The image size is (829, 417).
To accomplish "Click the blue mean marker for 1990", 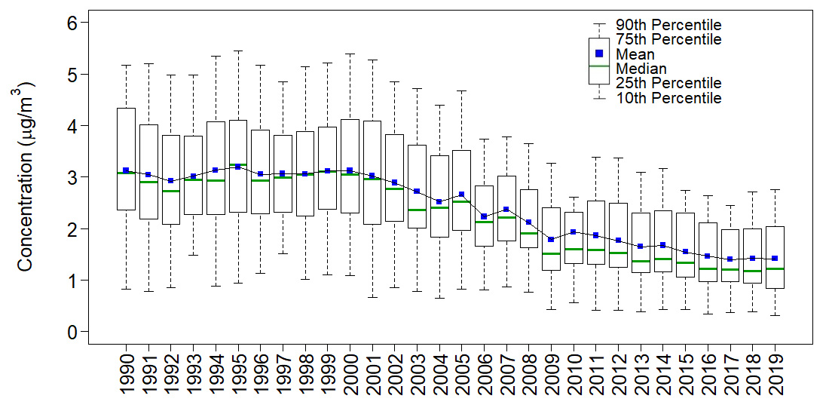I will (126, 170).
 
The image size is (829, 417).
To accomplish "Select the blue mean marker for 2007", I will (506, 209).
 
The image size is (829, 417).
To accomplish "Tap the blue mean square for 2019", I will (775, 259).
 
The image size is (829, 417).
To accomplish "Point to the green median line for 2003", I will (417, 210).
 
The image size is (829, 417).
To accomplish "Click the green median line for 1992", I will (171, 191).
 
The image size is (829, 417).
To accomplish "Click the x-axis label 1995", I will (238, 375).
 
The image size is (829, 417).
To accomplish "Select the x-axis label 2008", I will (529, 375).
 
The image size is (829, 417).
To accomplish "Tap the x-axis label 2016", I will (708, 375).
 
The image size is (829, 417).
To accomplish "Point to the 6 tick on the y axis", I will (73, 23).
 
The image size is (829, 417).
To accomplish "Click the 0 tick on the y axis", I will (73, 332).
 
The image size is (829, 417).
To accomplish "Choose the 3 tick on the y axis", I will (73, 178).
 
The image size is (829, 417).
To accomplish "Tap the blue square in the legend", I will (600, 54).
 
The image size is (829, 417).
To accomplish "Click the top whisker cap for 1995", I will (238, 51).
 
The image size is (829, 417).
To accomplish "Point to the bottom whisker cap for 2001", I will (372, 297).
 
